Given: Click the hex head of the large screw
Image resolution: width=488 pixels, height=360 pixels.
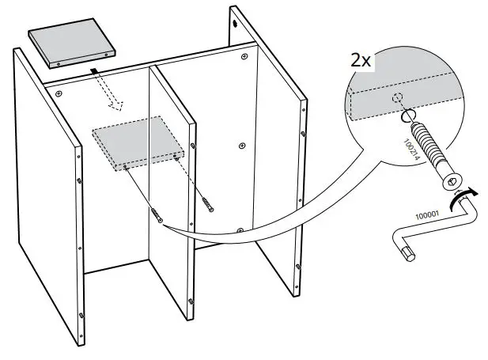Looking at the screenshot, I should tap(452, 183).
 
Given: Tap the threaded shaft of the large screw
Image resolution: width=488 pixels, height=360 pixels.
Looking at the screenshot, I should tap(427, 146).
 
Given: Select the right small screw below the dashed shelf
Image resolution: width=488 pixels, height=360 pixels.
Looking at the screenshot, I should tap(207, 204).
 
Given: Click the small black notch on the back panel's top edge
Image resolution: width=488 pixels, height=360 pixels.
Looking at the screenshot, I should tap(93, 70).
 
